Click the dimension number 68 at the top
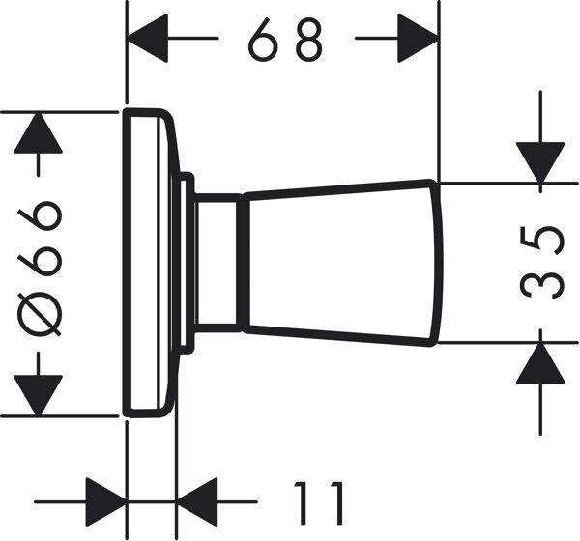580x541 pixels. [x=285, y=40]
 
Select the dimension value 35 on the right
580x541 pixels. [x=542, y=263]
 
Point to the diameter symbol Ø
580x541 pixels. [x=39, y=314]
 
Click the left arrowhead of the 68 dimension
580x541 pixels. [x=148, y=38]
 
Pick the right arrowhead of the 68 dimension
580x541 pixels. [x=418, y=38]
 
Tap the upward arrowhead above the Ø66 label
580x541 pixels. [x=38, y=132]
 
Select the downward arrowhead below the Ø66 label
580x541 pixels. [x=38, y=395]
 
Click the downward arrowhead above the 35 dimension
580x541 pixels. [x=540, y=162]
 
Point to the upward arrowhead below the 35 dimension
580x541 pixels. [x=540, y=363]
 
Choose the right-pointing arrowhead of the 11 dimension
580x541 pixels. [x=106, y=501]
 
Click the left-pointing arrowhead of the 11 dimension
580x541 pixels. [x=197, y=501]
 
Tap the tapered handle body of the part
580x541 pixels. [x=340, y=263]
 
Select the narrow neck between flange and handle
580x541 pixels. [x=217, y=263]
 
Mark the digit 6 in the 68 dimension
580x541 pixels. [x=263, y=40]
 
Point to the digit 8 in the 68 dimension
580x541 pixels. [x=310, y=40]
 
